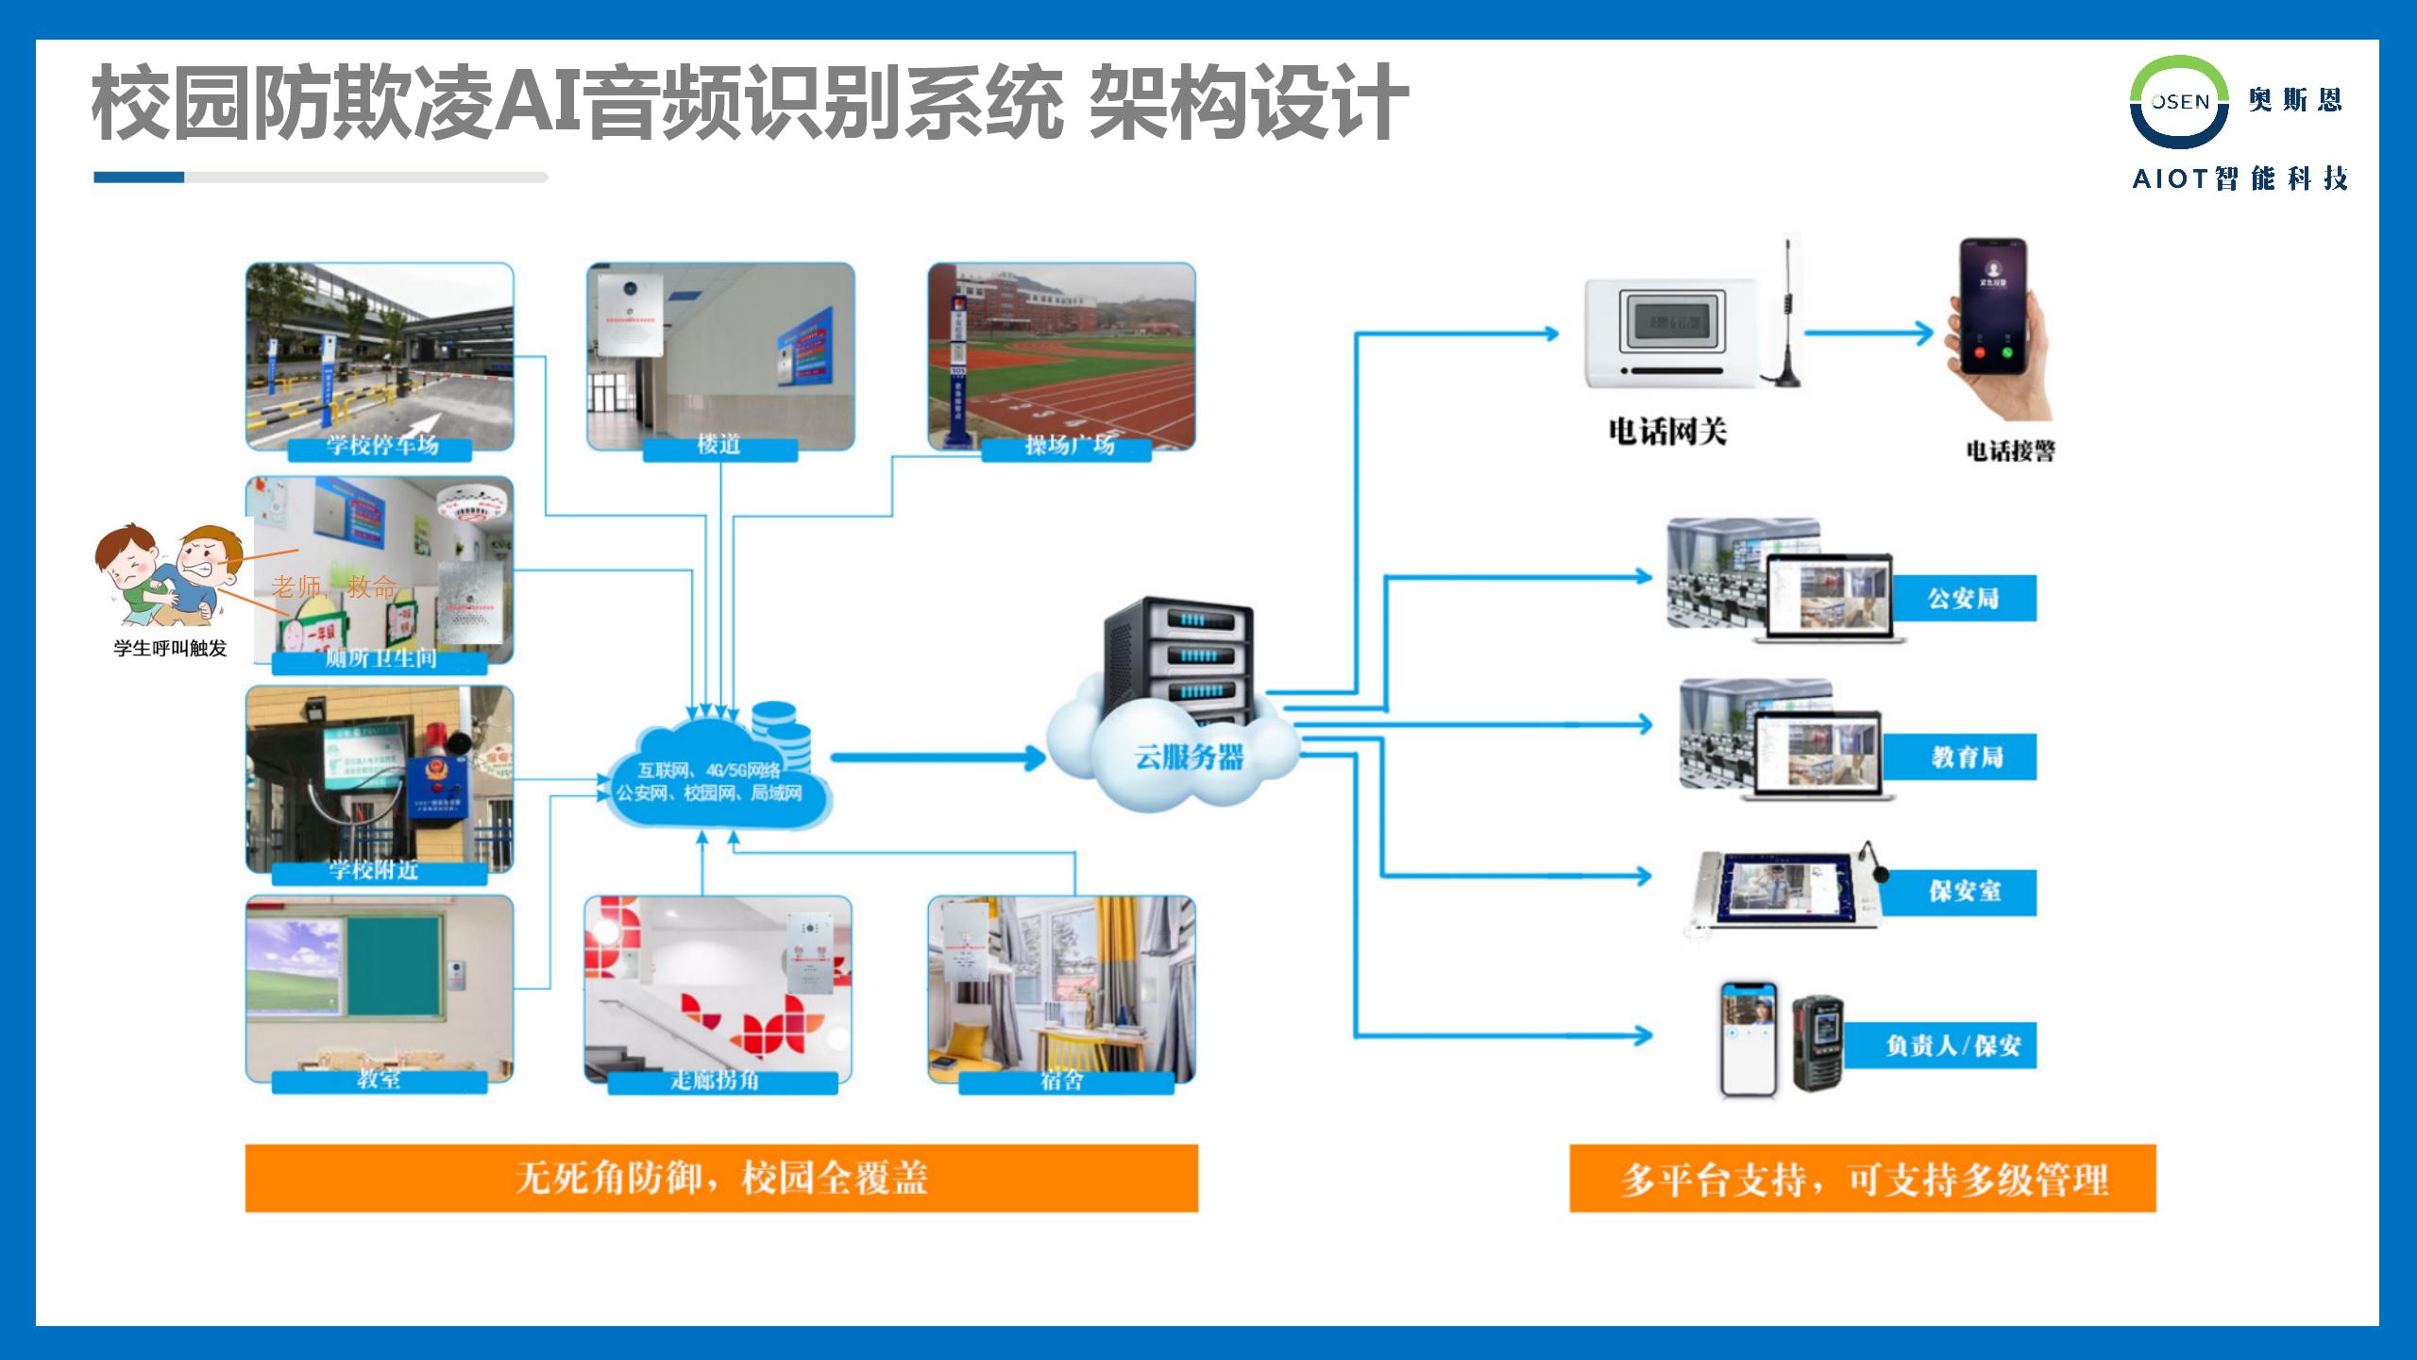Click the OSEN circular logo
[2179, 102]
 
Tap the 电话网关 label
[1667, 432]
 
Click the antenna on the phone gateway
[1785, 312]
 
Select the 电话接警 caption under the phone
[2010, 450]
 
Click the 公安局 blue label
[1963, 598]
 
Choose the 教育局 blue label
[1967, 756]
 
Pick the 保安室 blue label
[1964, 892]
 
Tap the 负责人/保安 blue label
[1952, 1045]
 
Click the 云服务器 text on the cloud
[1189, 756]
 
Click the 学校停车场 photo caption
[381, 446]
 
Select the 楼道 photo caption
[718, 445]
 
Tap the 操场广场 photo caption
[1069, 446]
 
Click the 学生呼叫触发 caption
[170, 649]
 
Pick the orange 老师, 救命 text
[333, 586]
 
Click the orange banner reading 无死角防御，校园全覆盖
[721, 1178]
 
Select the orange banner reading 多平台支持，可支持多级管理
[1862, 1179]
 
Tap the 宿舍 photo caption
[1062, 1080]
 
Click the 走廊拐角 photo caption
[715, 1080]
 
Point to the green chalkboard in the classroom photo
[393, 963]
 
